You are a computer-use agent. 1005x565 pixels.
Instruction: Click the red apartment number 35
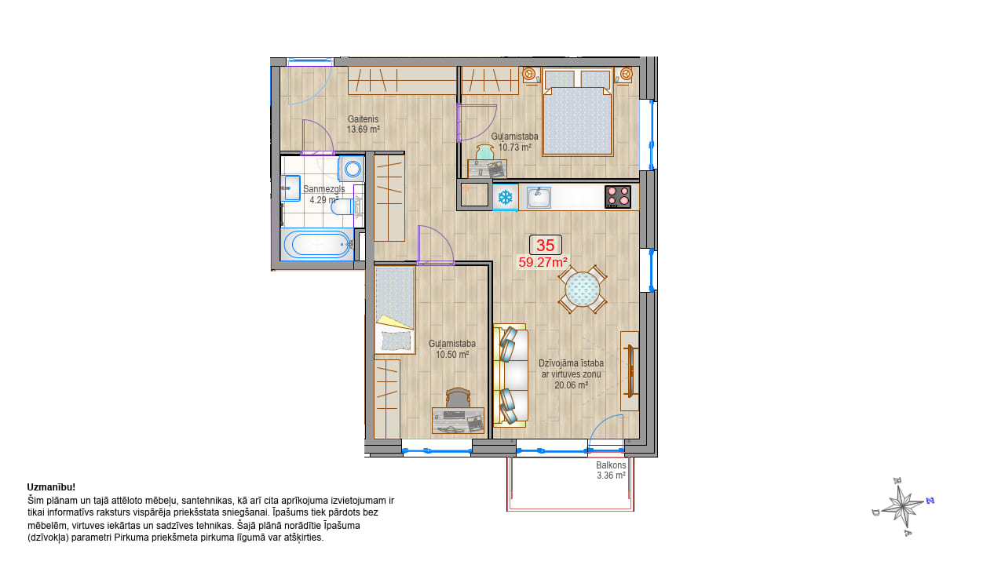pos(545,246)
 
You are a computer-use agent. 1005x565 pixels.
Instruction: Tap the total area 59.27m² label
pos(543,262)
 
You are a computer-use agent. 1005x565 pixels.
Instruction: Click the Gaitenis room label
pos(363,119)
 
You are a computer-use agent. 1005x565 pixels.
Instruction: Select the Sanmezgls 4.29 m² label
pos(324,195)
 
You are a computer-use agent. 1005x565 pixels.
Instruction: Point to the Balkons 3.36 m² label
pos(611,470)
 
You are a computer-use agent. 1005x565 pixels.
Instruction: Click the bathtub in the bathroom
pos(317,244)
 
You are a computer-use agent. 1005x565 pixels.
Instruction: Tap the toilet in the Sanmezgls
pos(342,208)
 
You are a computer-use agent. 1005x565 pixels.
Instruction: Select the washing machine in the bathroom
pos(351,169)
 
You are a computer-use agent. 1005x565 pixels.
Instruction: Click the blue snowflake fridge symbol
pos(506,197)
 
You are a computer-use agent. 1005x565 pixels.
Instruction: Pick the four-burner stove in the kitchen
pos(618,197)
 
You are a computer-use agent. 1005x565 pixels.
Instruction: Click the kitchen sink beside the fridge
pos(539,198)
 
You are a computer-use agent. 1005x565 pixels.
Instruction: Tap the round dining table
pos(583,290)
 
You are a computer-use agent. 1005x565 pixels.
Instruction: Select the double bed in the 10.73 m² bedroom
pos(577,111)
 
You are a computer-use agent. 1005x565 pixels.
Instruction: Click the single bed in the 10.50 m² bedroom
pos(395,310)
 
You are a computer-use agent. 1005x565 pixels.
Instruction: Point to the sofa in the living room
pos(510,375)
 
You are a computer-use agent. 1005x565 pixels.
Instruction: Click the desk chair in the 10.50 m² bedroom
pos(458,397)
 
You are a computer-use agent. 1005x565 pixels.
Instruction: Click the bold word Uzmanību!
pos(51,487)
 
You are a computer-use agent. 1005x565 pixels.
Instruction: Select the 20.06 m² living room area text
pos(571,385)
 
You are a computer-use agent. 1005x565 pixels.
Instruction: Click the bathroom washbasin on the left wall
pos(291,188)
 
